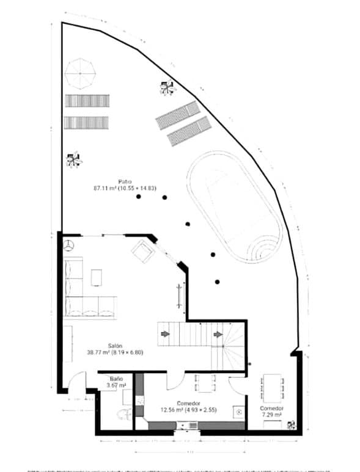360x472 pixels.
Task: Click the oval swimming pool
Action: point(234,207)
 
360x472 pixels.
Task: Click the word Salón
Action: point(116,345)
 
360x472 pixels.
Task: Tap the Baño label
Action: point(116,379)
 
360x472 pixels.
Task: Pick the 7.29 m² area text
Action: point(271,415)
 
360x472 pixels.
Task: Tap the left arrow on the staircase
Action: point(165,334)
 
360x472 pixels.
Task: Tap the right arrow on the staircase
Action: point(218,334)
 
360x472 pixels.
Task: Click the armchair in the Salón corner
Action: point(143,250)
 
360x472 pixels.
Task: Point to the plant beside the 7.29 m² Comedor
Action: point(292,424)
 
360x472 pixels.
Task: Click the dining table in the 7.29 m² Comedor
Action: point(272,386)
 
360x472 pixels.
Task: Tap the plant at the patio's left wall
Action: point(74,160)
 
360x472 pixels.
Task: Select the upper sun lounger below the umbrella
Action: point(87,101)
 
